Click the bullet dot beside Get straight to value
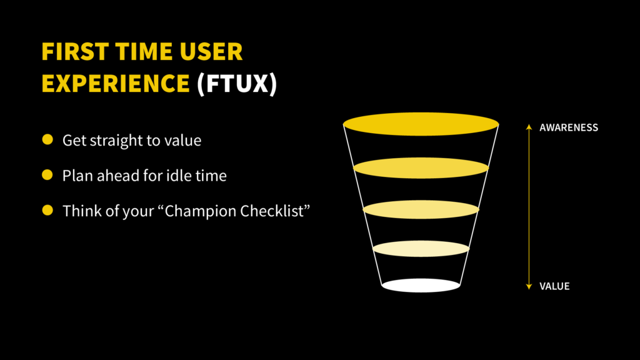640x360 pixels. coord(47,140)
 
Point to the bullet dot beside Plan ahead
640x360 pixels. coord(47,176)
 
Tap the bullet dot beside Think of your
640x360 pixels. coord(47,211)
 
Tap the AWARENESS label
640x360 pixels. coord(569,127)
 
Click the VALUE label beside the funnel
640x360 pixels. coord(555,286)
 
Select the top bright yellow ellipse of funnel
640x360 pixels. coord(421,124)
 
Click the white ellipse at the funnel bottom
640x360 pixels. coord(421,286)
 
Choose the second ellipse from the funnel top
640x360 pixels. coord(421,167)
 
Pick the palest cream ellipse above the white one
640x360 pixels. coord(421,249)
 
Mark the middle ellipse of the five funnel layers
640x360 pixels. coord(421,209)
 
